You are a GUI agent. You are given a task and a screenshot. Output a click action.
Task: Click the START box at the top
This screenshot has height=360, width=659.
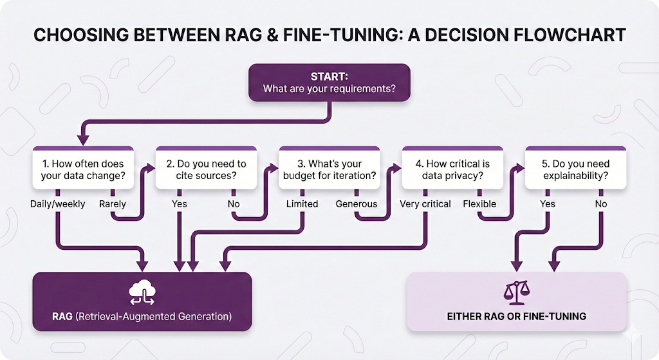(329, 82)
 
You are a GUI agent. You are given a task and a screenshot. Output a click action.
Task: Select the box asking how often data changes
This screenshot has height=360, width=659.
(82, 169)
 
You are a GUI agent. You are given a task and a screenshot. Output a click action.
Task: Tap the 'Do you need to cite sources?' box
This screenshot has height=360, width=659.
(206, 169)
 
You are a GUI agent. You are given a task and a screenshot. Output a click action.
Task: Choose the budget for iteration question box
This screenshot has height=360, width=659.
(329, 169)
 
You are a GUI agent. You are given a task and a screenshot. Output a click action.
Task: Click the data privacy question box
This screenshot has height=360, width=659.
(452, 169)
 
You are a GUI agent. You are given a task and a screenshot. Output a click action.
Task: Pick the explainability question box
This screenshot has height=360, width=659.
(576, 169)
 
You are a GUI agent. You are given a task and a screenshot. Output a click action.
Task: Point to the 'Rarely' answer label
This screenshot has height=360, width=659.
(112, 204)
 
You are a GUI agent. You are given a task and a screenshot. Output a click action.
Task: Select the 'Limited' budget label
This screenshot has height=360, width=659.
(302, 204)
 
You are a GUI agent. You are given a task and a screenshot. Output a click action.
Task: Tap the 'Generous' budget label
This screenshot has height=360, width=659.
(356, 204)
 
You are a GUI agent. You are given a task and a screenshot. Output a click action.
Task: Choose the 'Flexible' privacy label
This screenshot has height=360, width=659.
(479, 204)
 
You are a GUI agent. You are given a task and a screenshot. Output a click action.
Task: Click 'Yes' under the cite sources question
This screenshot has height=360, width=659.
(180, 204)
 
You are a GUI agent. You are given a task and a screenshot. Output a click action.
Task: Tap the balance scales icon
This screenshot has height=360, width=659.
(517, 293)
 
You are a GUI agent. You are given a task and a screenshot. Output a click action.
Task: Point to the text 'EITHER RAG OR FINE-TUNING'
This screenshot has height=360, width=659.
(517, 317)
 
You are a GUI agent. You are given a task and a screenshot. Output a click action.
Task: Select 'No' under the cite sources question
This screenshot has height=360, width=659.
(234, 204)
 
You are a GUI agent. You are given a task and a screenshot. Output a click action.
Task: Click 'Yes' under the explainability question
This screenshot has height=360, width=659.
(548, 204)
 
